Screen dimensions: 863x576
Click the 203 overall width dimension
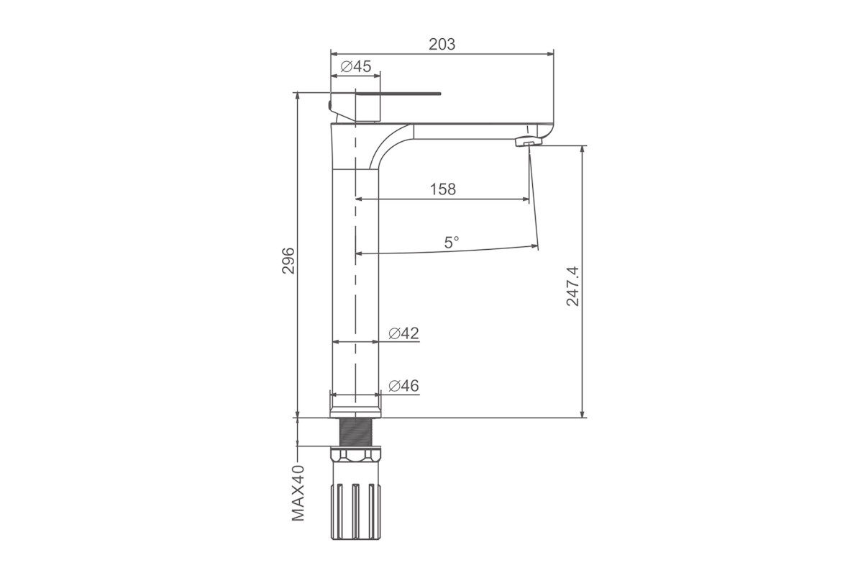click(x=442, y=45)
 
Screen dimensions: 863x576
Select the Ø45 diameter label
click(x=355, y=66)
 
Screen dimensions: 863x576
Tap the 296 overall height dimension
click(x=288, y=261)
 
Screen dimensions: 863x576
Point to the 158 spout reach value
click(x=443, y=189)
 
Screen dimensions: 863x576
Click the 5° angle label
click(x=452, y=243)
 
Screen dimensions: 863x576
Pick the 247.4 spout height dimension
click(x=572, y=287)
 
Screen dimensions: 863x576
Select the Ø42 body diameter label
click(x=403, y=333)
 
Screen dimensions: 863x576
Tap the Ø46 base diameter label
click(x=403, y=386)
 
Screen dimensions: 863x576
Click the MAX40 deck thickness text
click(x=298, y=493)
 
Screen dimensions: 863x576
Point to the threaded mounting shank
click(x=355, y=432)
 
